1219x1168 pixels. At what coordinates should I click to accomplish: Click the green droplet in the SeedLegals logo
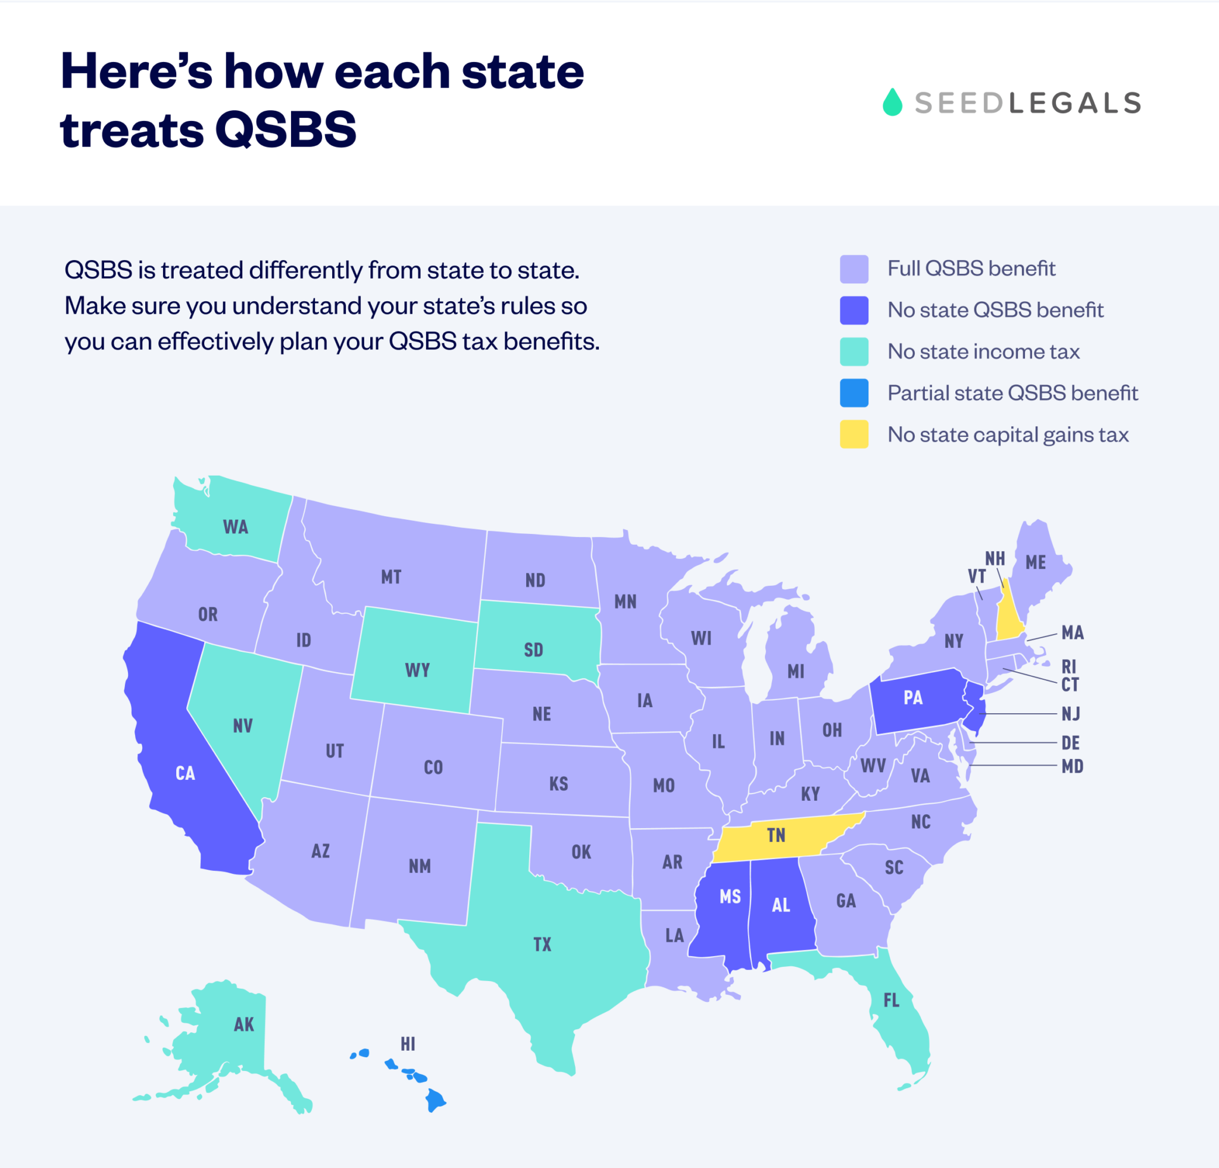click(892, 102)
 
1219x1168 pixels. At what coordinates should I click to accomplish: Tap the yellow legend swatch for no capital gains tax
click(854, 434)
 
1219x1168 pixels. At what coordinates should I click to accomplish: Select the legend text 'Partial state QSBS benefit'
click(1012, 393)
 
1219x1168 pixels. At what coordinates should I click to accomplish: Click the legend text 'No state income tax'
click(983, 351)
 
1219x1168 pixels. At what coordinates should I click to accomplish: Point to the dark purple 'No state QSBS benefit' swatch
click(854, 310)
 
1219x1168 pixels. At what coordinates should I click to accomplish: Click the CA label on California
click(185, 773)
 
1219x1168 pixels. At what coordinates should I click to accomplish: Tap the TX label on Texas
click(542, 944)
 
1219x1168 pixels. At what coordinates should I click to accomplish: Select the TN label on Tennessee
click(776, 835)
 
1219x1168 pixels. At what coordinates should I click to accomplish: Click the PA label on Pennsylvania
click(913, 697)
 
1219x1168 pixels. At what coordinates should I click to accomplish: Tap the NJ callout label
click(1071, 713)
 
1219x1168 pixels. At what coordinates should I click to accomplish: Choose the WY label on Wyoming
click(417, 670)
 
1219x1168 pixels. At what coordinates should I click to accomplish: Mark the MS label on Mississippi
click(730, 896)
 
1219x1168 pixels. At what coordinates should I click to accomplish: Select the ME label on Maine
click(1036, 562)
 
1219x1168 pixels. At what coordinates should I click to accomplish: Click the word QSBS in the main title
click(286, 129)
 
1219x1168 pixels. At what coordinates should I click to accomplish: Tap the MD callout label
click(1072, 766)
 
